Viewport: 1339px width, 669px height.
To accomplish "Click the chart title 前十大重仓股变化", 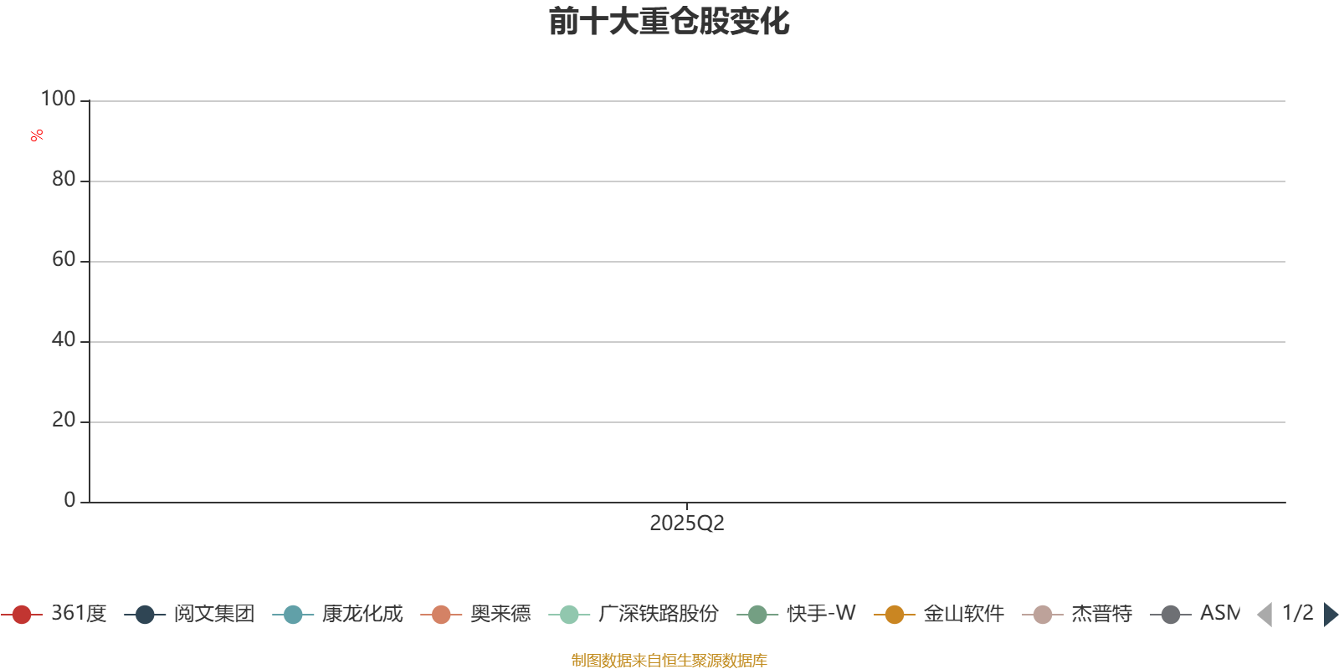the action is tap(669, 22).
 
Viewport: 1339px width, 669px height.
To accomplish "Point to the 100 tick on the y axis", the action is tap(58, 99).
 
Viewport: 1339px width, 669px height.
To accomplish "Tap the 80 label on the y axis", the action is tap(64, 179).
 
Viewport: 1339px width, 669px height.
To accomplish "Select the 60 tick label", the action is tap(64, 259).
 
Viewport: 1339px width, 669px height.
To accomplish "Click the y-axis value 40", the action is tap(64, 340).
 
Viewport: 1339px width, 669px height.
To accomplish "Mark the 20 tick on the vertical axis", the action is tap(64, 420).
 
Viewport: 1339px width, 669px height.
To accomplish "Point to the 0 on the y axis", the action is tap(69, 500).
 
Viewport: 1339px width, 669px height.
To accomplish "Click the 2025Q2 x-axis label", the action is tap(687, 523).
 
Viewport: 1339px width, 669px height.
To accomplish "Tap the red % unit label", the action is tap(37, 135).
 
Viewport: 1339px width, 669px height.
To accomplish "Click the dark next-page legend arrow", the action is tap(1331, 614).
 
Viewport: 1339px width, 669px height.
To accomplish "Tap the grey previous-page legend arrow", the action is tap(1265, 614).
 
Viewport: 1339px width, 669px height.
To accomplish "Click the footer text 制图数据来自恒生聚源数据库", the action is tap(669, 660).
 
